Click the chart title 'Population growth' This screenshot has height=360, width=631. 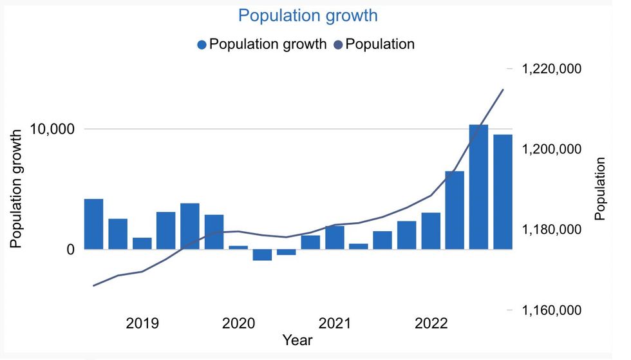(308, 15)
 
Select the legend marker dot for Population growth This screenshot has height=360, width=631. (202, 45)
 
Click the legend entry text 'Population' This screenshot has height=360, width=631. (380, 44)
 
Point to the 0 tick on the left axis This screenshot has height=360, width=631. (70, 249)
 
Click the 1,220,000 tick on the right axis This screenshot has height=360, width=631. (552, 69)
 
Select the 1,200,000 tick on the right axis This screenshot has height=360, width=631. (552, 149)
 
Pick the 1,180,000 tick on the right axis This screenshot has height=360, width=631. (552, 230)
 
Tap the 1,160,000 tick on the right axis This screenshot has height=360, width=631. (552, 310)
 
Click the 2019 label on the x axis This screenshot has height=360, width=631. (142, 323)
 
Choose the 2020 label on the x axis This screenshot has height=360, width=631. (238, 323)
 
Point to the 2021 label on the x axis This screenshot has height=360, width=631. (334, 323)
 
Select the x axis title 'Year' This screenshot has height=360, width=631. (297, 339)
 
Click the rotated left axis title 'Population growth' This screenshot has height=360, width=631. (17, 187)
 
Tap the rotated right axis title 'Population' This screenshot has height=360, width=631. (600, 189)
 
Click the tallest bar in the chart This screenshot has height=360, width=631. (478, 187)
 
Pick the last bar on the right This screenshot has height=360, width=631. (503, 192)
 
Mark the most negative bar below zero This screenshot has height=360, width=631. (262, 254)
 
